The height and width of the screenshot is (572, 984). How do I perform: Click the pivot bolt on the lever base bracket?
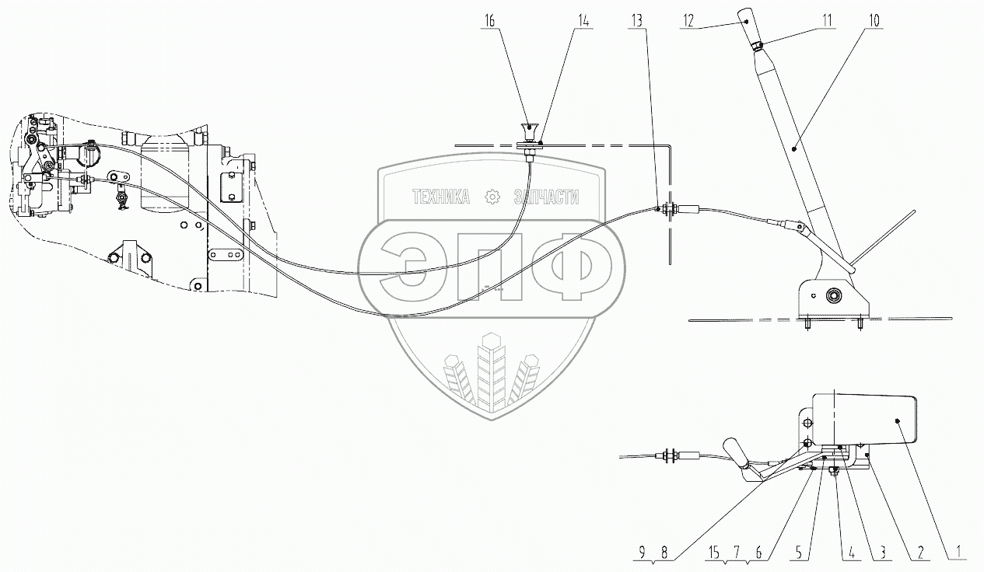(833, 295)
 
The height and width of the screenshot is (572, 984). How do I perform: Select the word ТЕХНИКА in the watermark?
(441, 198)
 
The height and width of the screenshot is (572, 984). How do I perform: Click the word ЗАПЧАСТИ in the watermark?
(546, 198)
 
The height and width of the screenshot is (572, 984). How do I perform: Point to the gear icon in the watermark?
(492, 197)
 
